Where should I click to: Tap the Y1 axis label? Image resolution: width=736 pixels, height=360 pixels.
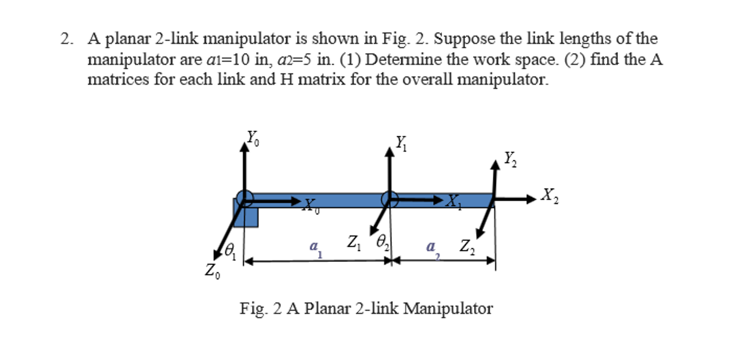[401, 143]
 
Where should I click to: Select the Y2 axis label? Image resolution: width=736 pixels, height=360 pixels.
[510, 159]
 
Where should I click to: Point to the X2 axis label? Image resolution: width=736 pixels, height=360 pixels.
[550, 196]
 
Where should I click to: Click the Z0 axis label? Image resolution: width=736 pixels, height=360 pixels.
[213, 271]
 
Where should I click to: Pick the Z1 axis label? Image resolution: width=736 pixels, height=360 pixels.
[354, 243]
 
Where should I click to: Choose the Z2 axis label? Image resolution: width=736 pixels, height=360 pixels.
[467, 247]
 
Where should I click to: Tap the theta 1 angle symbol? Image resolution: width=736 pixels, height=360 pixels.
[230, 251]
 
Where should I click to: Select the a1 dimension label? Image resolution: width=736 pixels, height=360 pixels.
[315, 248]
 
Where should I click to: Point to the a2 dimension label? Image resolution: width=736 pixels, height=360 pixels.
[432, 248]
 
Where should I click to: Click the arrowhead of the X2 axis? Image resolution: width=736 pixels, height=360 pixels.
[531, 199]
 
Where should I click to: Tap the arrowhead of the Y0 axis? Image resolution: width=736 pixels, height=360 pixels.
[244, 147]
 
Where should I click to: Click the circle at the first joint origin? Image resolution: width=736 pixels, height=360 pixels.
[245, 199]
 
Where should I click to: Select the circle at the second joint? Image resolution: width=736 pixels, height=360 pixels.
[390, 199]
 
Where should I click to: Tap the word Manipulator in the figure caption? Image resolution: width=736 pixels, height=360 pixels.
[448, 309]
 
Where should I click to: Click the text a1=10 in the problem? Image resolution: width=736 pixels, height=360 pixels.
[228, 60]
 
